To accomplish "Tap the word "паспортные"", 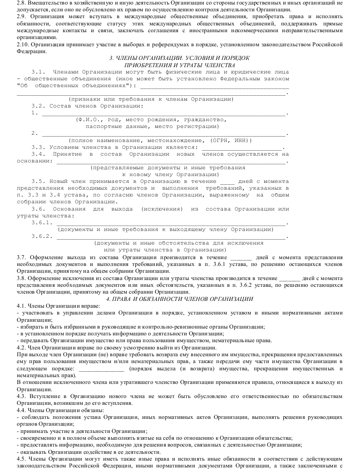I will [104, 127].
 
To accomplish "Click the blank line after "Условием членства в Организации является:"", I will [242, 147].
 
